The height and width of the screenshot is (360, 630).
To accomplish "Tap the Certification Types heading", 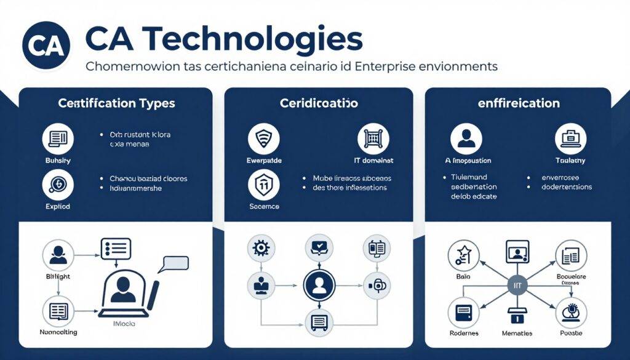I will [116, 104].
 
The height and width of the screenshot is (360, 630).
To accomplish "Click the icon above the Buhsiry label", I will [57, 139].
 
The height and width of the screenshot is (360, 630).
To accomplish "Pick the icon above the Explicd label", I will [57, 184].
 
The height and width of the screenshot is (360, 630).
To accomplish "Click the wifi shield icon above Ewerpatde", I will [263, 139].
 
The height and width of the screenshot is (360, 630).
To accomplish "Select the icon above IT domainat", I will [371, 139].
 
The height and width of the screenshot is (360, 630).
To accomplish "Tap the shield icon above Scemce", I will [263, 184].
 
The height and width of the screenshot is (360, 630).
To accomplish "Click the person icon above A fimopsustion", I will [466, 139].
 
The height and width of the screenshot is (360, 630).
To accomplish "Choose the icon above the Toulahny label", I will [570, 139].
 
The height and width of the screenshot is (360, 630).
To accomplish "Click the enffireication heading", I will [519, 104].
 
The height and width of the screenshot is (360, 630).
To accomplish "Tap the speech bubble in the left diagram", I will [173, 263].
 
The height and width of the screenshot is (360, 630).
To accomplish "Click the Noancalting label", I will [58, 333].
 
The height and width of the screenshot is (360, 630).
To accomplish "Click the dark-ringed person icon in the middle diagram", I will [319, 284].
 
